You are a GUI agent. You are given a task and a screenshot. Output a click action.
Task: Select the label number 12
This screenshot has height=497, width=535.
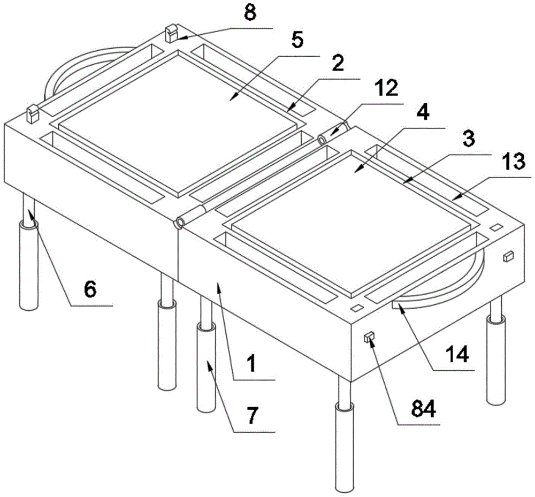tap(388, 88)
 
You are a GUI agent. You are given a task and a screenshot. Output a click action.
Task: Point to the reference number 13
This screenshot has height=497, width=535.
tap(514, 162)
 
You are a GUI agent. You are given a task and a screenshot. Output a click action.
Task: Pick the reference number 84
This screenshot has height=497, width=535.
tap(423, 408)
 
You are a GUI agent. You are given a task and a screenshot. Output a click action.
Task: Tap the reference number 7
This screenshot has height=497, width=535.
tap(253, 415)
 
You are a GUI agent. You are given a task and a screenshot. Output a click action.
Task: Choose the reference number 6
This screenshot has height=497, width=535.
tap(90, 290)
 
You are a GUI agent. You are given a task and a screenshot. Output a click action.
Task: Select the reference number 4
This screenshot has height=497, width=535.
tap(423, 112)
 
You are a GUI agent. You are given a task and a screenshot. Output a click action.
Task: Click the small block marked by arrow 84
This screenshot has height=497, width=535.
tap(369, 338)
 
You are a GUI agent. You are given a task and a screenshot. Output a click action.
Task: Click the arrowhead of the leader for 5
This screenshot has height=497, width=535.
tap(232, 98)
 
